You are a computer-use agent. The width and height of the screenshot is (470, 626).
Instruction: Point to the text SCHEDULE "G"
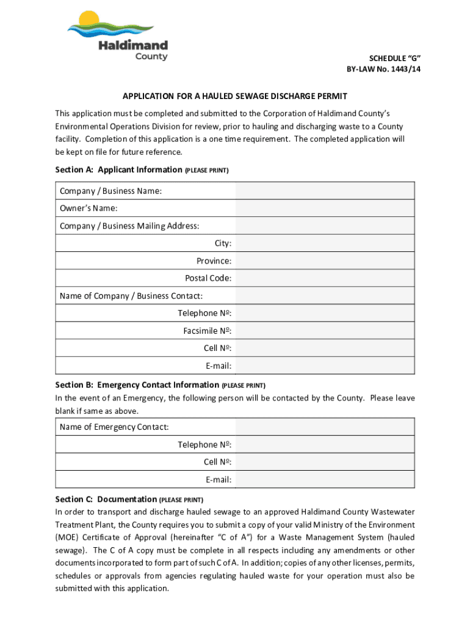click(x=396, y=58)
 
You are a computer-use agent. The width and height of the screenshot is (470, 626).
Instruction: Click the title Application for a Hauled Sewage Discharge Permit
click(x=234, y=97)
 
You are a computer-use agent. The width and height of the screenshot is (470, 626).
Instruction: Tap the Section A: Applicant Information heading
click(x=118, y=170)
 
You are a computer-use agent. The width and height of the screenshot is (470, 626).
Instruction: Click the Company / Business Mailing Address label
click(x=129, y=226)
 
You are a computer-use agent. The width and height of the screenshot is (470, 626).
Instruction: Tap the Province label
click(x=214, y=261)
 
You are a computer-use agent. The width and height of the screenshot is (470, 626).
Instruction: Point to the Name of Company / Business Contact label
click(x=131, y=296)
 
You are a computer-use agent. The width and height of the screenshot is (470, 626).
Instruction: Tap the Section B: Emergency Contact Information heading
click(x=137, y=385)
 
